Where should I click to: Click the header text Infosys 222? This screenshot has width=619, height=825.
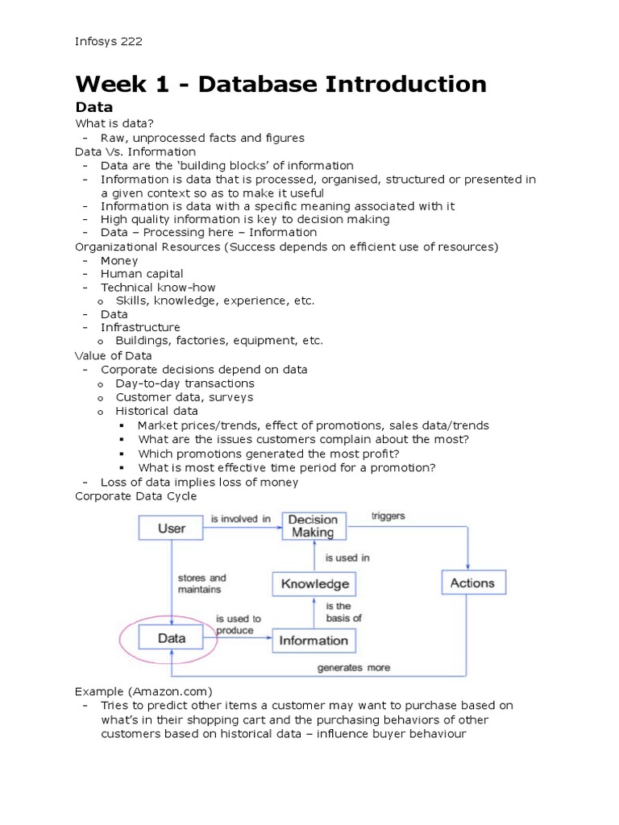[109, 41]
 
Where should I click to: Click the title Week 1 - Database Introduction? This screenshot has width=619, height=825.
[280, 84]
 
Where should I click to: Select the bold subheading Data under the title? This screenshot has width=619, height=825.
[93, 107]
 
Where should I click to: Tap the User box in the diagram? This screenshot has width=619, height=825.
[171, 529]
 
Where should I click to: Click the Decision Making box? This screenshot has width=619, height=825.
[313, 526]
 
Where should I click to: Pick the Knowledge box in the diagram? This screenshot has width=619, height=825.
[314, 584]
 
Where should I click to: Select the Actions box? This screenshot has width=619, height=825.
[472, 583]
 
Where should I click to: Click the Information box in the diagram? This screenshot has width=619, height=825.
[313, 641]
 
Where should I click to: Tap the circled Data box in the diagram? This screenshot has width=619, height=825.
[172, 638]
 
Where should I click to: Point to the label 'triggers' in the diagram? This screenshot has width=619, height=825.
[388, 516]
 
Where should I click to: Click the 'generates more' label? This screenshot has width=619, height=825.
[353, 667]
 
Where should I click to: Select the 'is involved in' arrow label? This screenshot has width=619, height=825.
[240, 519]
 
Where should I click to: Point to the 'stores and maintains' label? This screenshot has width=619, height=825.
[201, 584]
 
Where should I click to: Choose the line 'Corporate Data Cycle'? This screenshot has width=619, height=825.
[135, 496]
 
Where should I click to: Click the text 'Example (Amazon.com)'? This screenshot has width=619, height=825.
[143, 691]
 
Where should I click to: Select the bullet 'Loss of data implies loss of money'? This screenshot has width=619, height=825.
[199, 482]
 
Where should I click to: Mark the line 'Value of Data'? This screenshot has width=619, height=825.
[113, 355]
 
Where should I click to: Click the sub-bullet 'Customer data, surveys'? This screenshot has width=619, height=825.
[184, 397]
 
